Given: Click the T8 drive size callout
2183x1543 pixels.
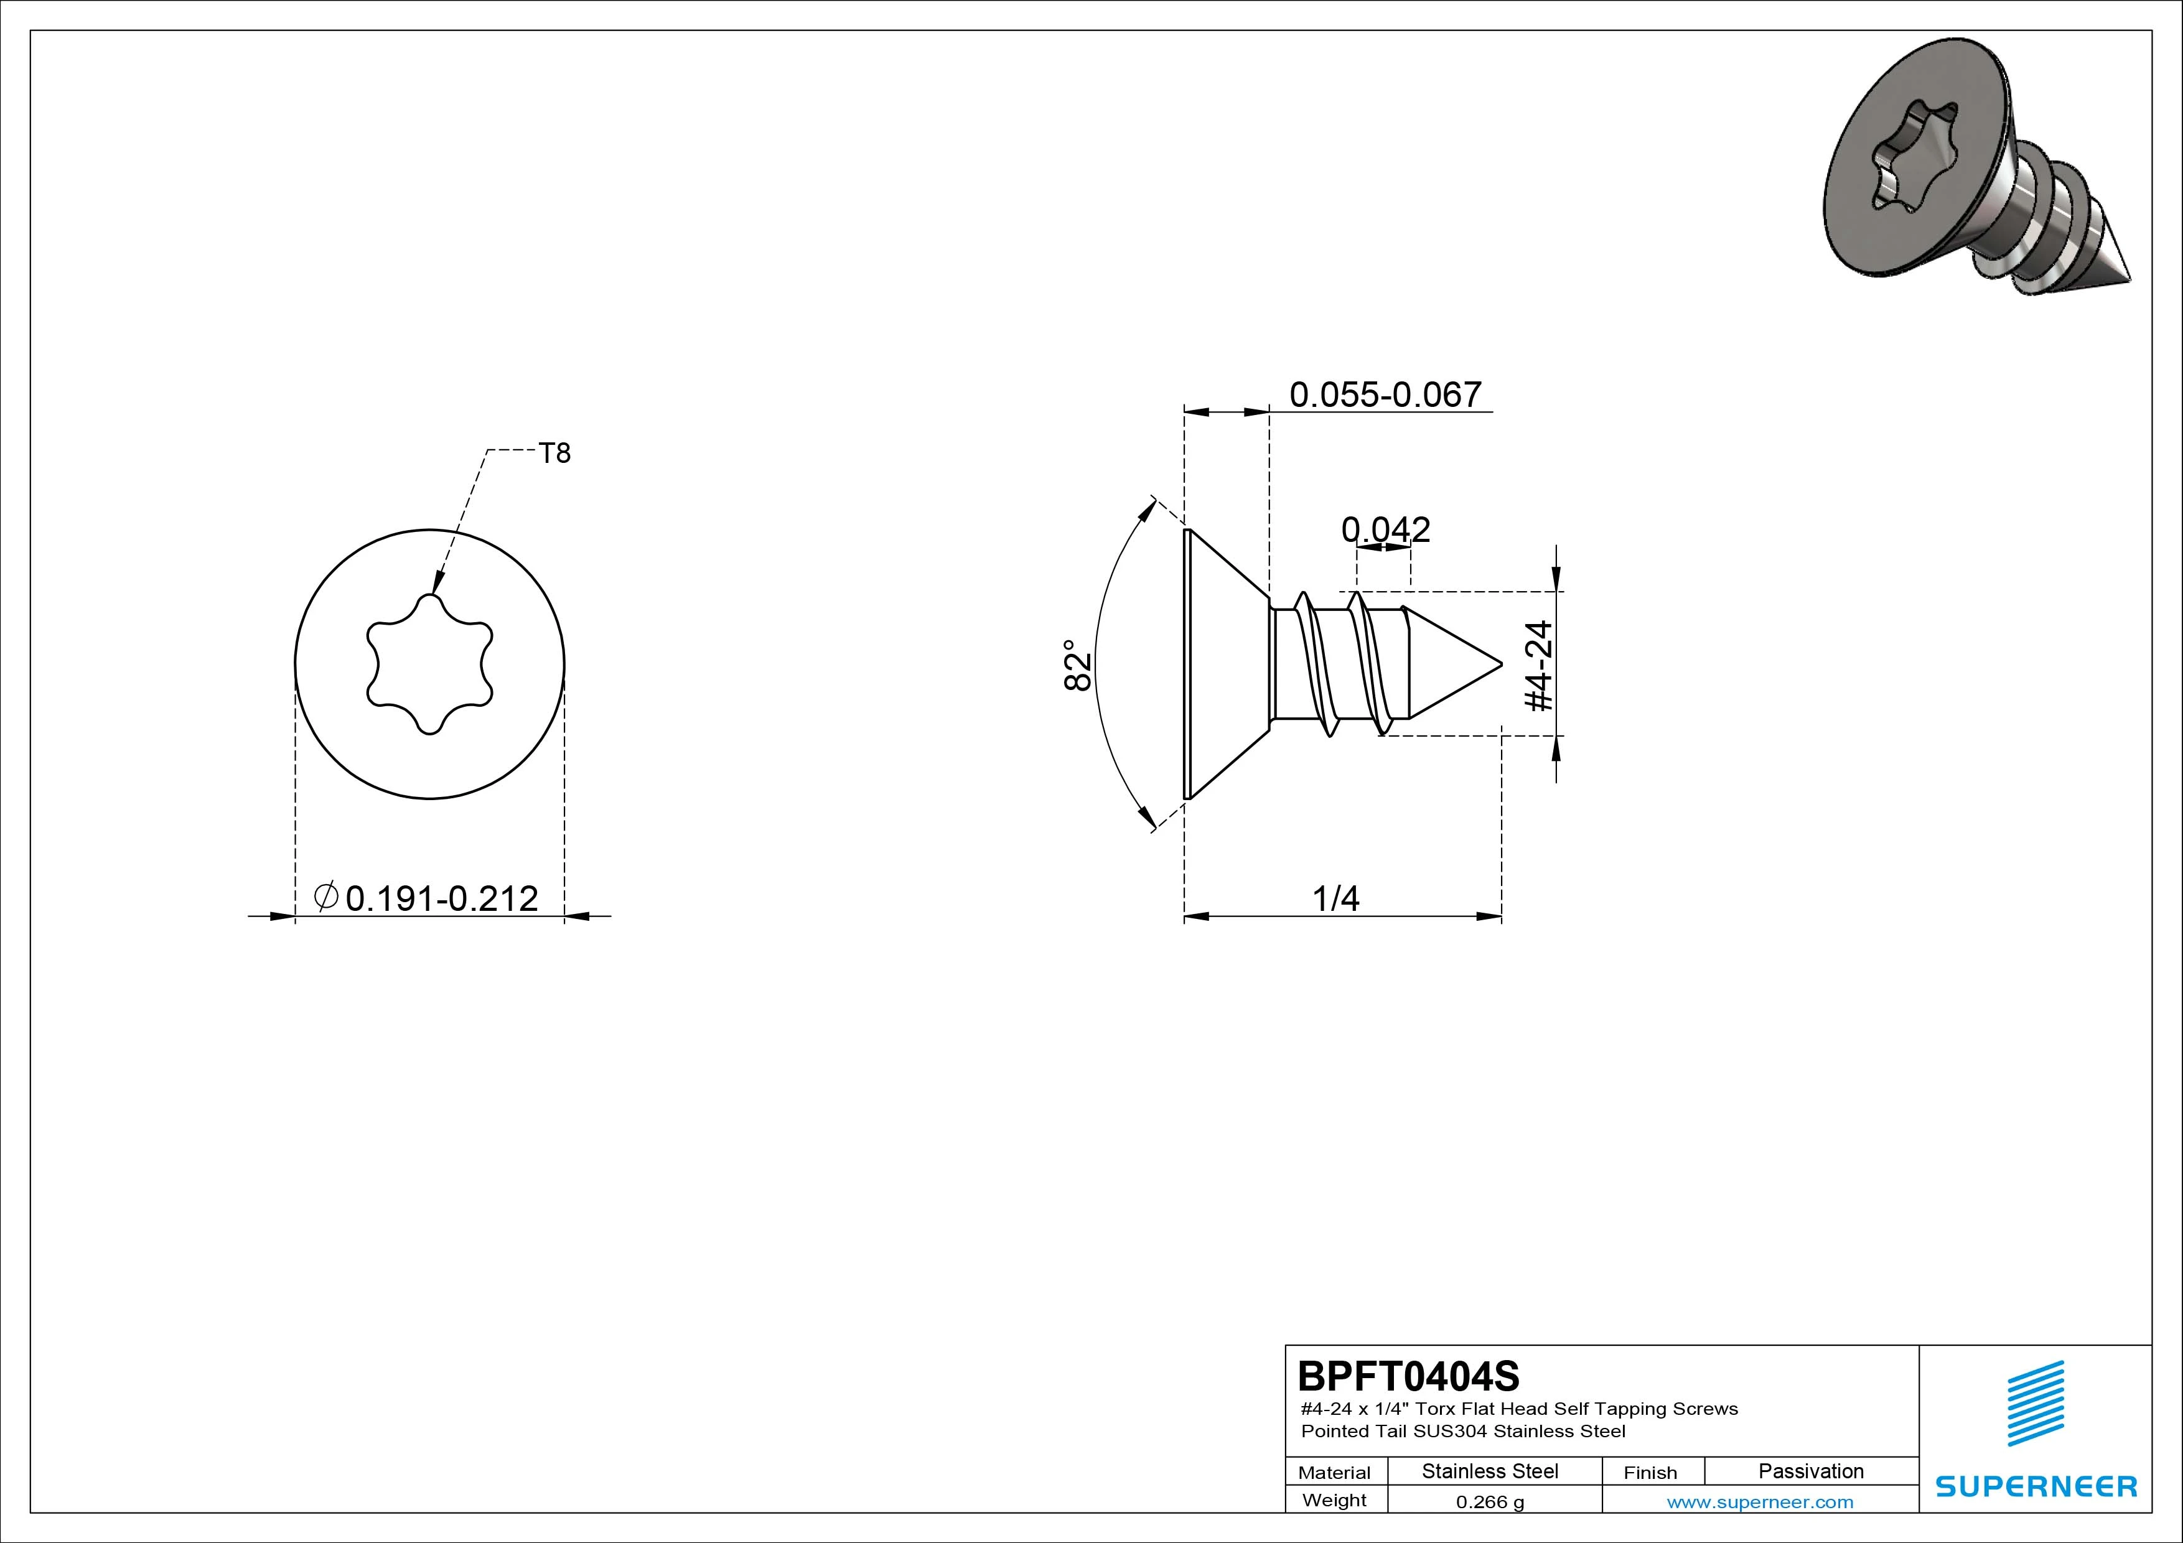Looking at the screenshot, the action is click(554, 454).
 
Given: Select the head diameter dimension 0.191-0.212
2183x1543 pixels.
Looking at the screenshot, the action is click(441, 898).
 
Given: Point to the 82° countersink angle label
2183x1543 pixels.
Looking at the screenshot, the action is click(1077, 666).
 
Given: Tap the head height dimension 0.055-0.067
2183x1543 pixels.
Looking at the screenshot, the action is click(1385, 394).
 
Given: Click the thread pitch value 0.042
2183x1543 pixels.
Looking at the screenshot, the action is click(1385, 529).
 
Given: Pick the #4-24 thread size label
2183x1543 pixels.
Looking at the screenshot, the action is click(1538, 666).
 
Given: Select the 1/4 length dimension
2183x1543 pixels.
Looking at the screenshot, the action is click(1336, 898).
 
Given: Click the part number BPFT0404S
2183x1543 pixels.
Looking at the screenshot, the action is click(1409, 1376).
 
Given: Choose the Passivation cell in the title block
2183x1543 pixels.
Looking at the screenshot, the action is click(1811, 1471).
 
